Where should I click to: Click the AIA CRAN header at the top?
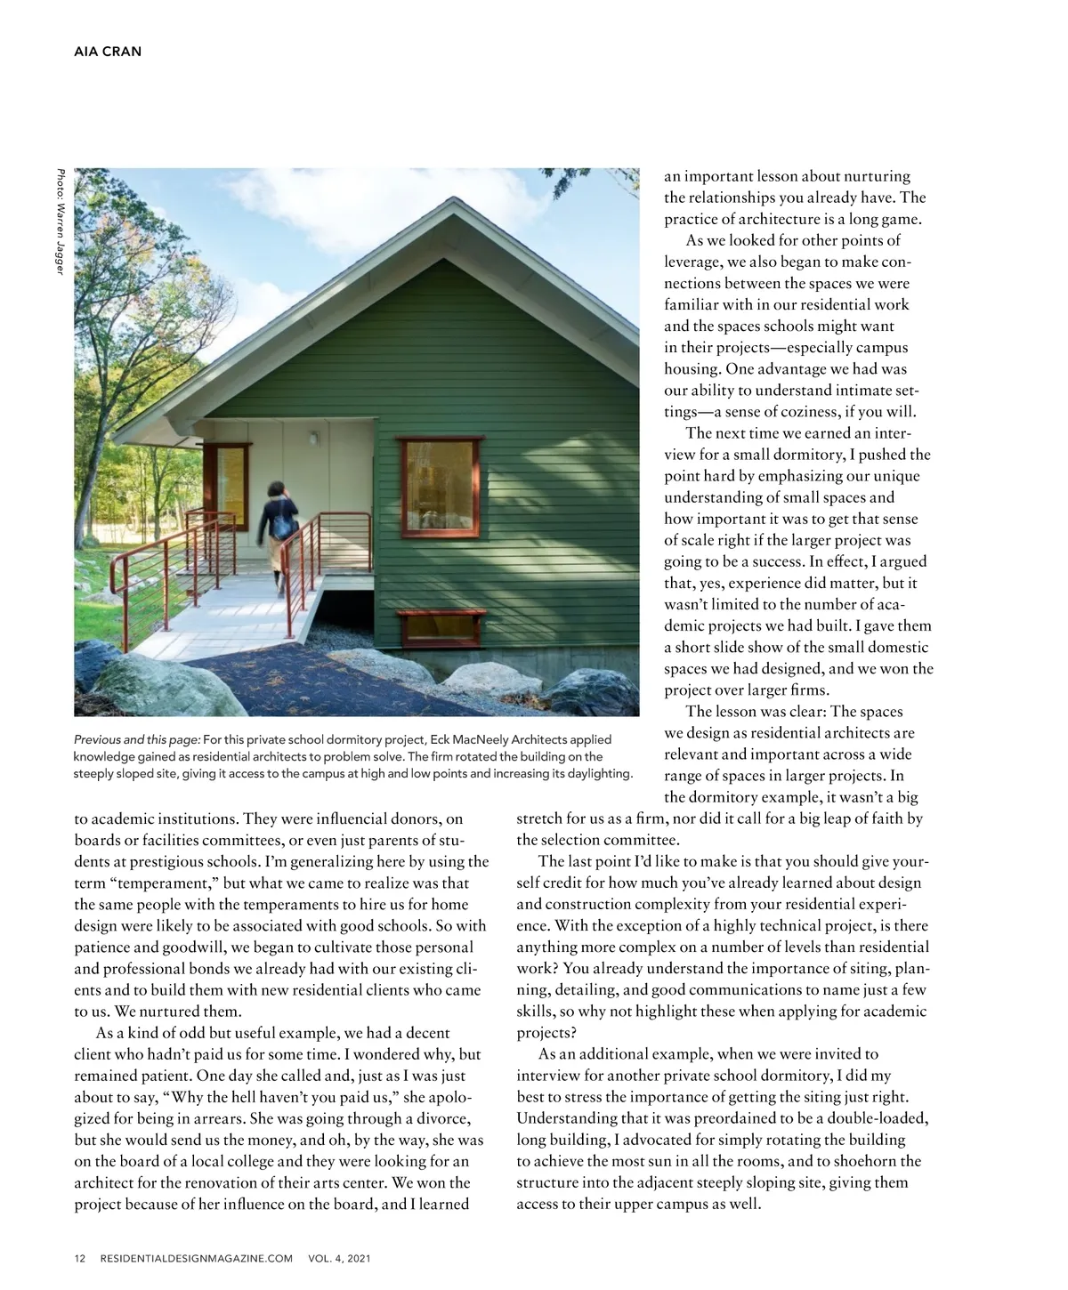(x=107, y=51)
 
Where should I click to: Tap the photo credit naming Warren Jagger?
(x=59, y=222)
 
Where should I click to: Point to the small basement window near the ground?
(x=441, y=628)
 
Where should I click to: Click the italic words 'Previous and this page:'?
(x=137, y=740)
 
